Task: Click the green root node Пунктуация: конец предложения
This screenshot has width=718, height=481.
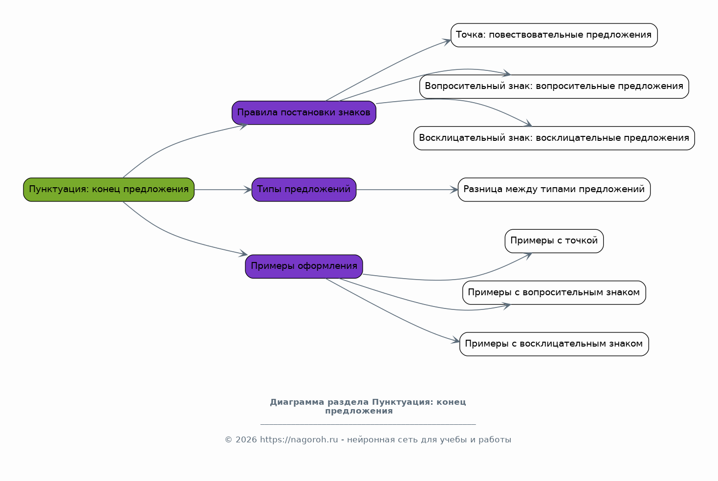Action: coord(109,190)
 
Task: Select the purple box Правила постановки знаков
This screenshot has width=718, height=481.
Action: coord(304,112)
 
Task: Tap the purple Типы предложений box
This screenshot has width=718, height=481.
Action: coord(304,190)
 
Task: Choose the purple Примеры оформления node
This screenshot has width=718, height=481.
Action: coord(304,266)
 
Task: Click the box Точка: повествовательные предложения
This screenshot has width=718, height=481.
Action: coord(554,35)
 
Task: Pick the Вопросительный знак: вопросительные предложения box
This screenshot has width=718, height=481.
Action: coord(554,87)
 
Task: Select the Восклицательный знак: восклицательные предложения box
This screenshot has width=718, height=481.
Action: coord(554,138)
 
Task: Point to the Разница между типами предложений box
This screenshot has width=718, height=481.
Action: coord(554,190)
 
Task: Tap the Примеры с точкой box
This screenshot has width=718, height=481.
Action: coord(554,241)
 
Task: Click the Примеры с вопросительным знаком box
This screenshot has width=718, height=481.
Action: coord(554,292)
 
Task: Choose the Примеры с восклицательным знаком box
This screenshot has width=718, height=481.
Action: coord(554,344)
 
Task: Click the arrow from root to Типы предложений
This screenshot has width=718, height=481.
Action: coord(223,190)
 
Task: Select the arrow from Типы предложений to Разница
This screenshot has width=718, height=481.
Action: coord(407,190)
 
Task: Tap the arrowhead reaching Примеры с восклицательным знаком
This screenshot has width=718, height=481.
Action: coord(456,341)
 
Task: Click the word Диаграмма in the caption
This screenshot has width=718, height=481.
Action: coord(297,402)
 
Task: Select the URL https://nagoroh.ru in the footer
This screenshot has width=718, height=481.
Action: coord(299,439)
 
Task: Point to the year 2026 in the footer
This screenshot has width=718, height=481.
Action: coord(246,439)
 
